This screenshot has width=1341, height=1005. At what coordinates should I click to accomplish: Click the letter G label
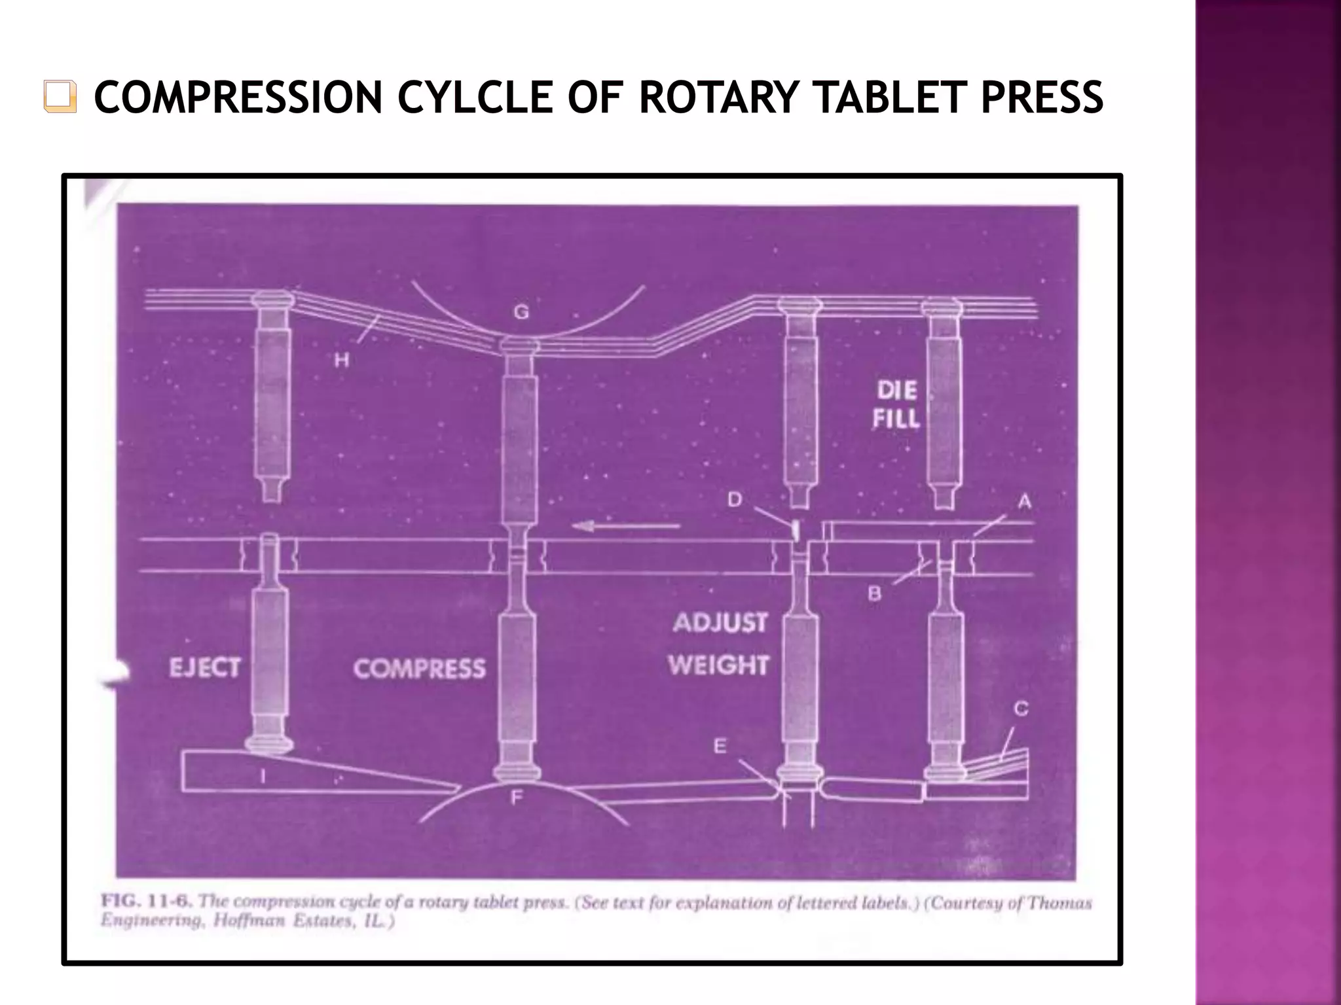pyautogui.click(x=521, y=312)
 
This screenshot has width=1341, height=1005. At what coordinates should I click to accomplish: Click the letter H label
pyautogui.click(x=342, y=359)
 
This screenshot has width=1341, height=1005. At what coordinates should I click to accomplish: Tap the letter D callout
pyautogui.click(x=735, y=499)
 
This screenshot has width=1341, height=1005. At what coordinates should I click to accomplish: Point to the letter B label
pyautogui.click(x=874, y=593)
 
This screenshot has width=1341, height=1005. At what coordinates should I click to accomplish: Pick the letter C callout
pyautogui.click(x=1020, y=709)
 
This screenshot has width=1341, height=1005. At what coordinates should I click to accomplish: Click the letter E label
pyautogui.click(x=720, y=746)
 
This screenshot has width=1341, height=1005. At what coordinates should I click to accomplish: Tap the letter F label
pyautogui.click(x=517, y=798)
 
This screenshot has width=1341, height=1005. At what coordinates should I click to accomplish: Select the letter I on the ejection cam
pyautogui.click(x=263, y=776)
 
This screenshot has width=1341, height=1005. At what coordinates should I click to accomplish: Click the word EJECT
pyautogui.click(x=205, y=668)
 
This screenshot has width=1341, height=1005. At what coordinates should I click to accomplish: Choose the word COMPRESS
pyautogui.click(x=420, y=669)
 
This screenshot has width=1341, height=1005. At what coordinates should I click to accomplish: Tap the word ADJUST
pyautogui.click(x=720, y=622)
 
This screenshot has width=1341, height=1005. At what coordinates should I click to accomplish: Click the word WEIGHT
pyautogui.click(x=718, y=665)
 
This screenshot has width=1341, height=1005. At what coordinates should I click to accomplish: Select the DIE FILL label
pyautogui.click(x=896, y=405)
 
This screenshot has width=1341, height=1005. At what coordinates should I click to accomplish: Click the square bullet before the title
pyautogui.click(x=60, y=97)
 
